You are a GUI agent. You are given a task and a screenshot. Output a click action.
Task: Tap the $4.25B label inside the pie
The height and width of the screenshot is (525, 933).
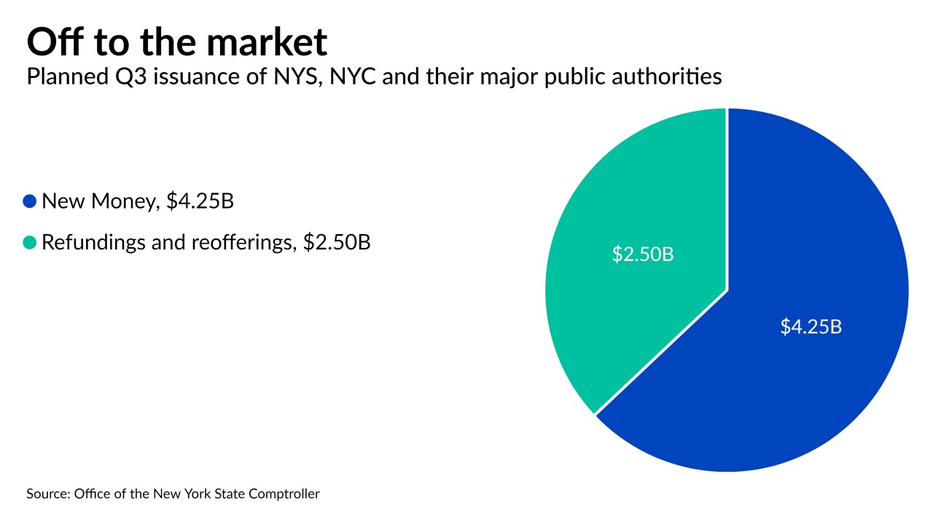point(811,327)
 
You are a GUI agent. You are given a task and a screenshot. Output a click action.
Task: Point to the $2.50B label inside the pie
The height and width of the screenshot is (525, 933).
point(642,256)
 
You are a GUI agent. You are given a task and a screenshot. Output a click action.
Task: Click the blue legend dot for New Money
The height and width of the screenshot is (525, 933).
point(30,201)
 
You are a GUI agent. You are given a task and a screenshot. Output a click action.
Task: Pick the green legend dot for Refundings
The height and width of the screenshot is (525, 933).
point(30,242)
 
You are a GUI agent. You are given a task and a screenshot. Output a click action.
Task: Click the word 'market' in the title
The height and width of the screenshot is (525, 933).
point(268,44)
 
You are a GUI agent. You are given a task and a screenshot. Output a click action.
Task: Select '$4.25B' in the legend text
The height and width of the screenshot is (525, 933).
point(200,201)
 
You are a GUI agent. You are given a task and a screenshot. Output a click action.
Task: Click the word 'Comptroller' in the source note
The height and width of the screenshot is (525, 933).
point(285,494)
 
